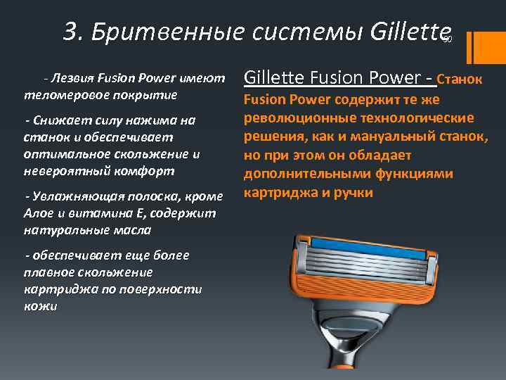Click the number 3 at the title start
tap(71, 31)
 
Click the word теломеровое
tap(59, 94)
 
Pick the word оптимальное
tap(66, 153)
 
